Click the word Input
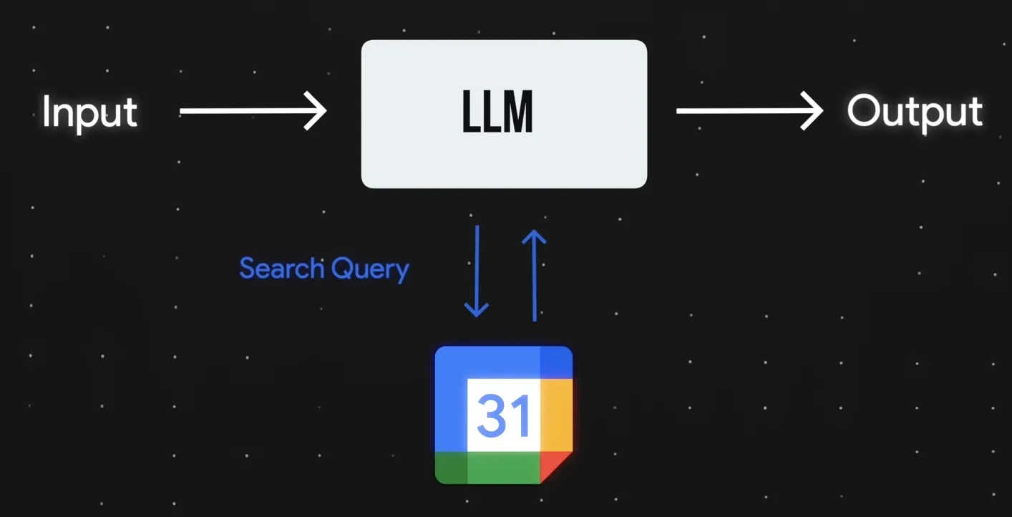pos(89,112)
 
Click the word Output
pos(914,112)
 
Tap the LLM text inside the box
pos(498,114)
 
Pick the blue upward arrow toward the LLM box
pos(534,276)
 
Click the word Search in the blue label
pos(281,269)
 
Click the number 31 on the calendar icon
pos(503,416)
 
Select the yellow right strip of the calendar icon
pos(556,415)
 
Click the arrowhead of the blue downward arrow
pos(477,310)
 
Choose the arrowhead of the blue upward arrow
pos(534,236)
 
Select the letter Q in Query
pos(341,269)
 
